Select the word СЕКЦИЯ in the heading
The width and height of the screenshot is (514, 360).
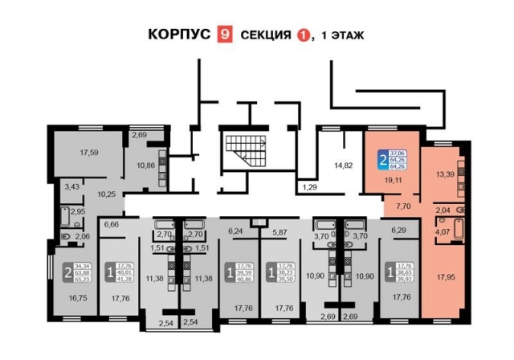pyautogui.click(x=261, y=35)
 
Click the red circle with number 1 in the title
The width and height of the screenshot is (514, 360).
pyautogui.click(x=303, y=35)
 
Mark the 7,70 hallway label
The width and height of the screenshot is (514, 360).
pyautogui.click(x=403, y=206)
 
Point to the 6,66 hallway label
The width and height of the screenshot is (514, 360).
pyautogui.click(x=112, y=224)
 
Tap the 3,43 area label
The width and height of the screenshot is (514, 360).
pyautogui.click(x=72, y=186)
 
